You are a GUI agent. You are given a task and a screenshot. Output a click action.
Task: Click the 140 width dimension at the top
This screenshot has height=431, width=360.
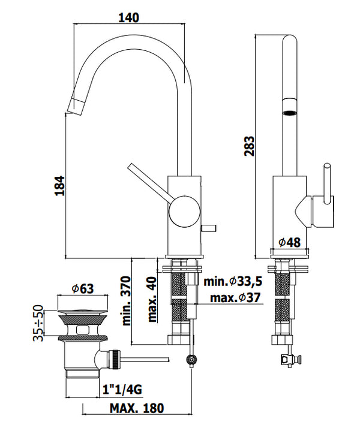tap(128, 17)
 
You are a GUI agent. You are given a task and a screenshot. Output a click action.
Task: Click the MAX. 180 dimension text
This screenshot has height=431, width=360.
tap(137, 409)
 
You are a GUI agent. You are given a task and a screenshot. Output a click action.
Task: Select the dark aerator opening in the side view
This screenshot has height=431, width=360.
tap(289, 111)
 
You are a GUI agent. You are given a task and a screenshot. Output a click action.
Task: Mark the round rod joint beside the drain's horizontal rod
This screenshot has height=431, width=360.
tap(191, 360)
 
